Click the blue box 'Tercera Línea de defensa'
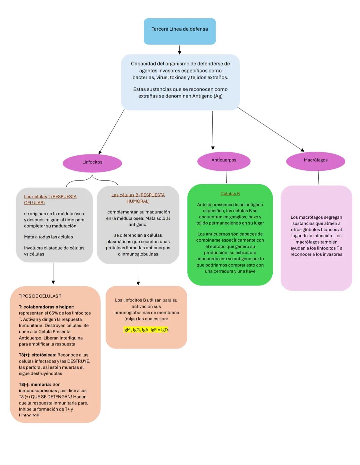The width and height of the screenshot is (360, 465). [x=180, y=31]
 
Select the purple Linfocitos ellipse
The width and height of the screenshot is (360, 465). [x=92, y=163]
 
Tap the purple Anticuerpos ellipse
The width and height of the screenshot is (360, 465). [x=224, y=161]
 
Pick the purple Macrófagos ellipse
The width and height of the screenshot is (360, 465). [x=315, y=161]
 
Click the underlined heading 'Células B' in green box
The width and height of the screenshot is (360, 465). [x=230, y=194]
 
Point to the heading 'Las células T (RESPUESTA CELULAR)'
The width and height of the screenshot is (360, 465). [x=50, y=199]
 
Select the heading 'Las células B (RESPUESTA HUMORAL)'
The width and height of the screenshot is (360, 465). [x=138, y=198]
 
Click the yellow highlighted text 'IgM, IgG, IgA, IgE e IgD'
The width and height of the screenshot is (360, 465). [x=146, y=330]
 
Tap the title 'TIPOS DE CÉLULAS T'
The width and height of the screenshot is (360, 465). [x=40, y=296]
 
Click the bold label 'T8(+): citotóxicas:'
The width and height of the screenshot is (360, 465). [x=38, y=355]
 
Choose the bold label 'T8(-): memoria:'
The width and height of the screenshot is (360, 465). [x=35, y=384]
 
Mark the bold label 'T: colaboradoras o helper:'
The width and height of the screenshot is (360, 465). [x=47, y=307]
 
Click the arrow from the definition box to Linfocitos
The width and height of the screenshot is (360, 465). [x=112, y=131]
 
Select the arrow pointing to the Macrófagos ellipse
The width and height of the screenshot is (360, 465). [x=270, y=129]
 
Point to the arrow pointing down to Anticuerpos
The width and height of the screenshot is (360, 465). [x=213, y=130]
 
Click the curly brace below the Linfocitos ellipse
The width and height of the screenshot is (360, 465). [x=92, y=180]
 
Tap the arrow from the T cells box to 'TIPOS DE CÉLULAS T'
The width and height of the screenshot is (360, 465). [x=53, y=273]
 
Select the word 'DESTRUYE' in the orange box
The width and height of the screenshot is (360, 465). [x=78, y=361]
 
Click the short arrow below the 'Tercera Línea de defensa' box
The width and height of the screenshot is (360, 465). [x=180, y=50]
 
